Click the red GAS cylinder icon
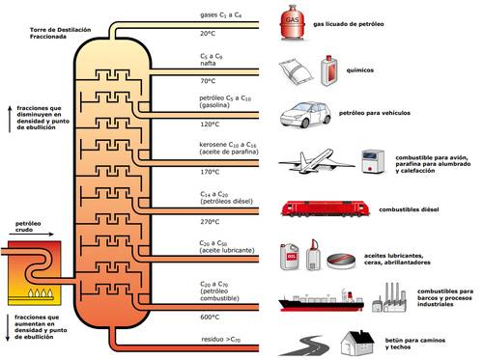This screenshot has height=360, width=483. (x=293, y=22)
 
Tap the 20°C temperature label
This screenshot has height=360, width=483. (x=208, y=34)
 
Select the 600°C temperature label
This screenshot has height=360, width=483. (x=210, y=317)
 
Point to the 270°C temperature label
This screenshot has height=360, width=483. (x=210, y=222)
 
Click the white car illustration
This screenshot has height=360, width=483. (x=305, y=115)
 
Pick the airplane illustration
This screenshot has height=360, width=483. (x=316, y=162)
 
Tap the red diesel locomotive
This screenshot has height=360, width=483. (x=326, y=208)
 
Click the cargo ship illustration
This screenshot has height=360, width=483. (x=321, y=300)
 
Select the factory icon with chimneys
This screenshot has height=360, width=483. (x=389, y=298)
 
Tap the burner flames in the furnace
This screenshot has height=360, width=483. (x=41, y=292)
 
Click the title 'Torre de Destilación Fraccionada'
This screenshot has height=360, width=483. (x=60, y=33)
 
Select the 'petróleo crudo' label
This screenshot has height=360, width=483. (x=28, y=227)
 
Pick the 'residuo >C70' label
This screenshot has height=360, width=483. (x=221, y=340)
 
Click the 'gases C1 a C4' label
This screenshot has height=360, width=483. (x=221, y=15)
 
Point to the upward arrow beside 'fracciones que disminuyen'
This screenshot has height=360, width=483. (x=10, y=119)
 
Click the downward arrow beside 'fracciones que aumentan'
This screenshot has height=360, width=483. (x=8, y=327)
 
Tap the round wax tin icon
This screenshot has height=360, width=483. (x=341, y=261)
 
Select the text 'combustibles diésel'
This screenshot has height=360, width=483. (x=409, y=209)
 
